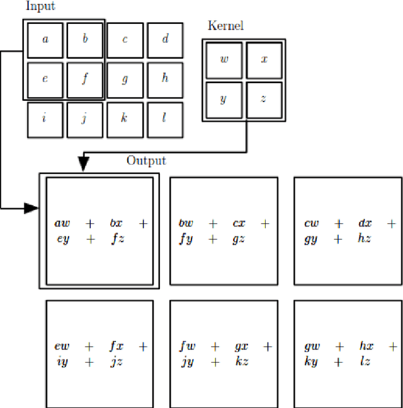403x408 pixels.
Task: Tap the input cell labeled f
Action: [85, 79]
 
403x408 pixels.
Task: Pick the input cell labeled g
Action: [125, 79]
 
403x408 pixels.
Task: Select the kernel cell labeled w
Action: [224, 60]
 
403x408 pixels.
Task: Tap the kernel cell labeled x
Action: [264, 60]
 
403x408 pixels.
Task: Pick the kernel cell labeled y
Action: [224, 100]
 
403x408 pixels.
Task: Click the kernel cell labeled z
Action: [264, 100]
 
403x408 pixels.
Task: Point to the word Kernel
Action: [225, 26]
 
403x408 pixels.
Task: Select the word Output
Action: [146, 161]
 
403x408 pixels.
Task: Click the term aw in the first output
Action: [63, 223]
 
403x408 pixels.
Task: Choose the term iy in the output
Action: [61, 362]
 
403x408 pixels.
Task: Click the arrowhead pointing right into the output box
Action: [31, 208]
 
